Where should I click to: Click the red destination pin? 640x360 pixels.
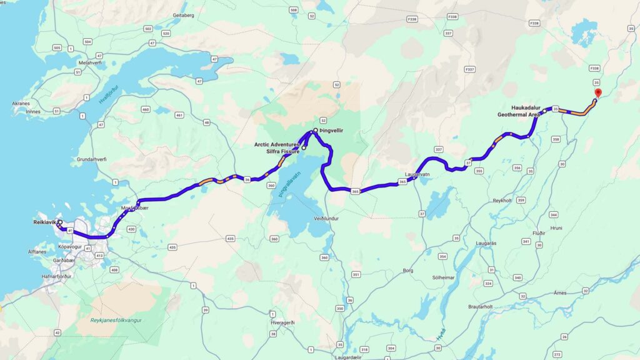[x=597, y=93]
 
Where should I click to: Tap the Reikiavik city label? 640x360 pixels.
[x=44, y=222]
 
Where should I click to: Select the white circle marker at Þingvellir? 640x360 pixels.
[x=316, y=130]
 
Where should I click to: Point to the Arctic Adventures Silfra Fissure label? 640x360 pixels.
[x=279, y=148]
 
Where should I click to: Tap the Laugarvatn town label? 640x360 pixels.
[x=417, y=175]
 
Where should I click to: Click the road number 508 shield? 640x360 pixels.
[x=293, y=10]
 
